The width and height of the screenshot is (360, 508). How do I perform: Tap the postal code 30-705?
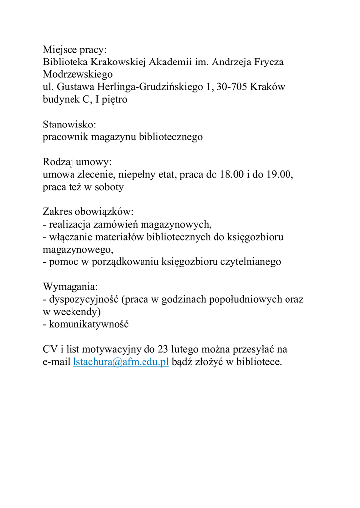[232, 87]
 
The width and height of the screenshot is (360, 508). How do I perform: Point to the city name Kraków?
[268, 87]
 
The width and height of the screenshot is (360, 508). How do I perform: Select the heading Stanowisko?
[69, 125]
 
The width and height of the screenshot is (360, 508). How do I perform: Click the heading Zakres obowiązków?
[88, 212]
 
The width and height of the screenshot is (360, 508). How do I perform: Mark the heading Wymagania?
[71, 287]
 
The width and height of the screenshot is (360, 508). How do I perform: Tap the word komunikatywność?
[89, 324]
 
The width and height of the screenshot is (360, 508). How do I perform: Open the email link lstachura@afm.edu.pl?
[121, 362]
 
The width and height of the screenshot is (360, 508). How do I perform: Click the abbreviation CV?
[50, 349]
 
